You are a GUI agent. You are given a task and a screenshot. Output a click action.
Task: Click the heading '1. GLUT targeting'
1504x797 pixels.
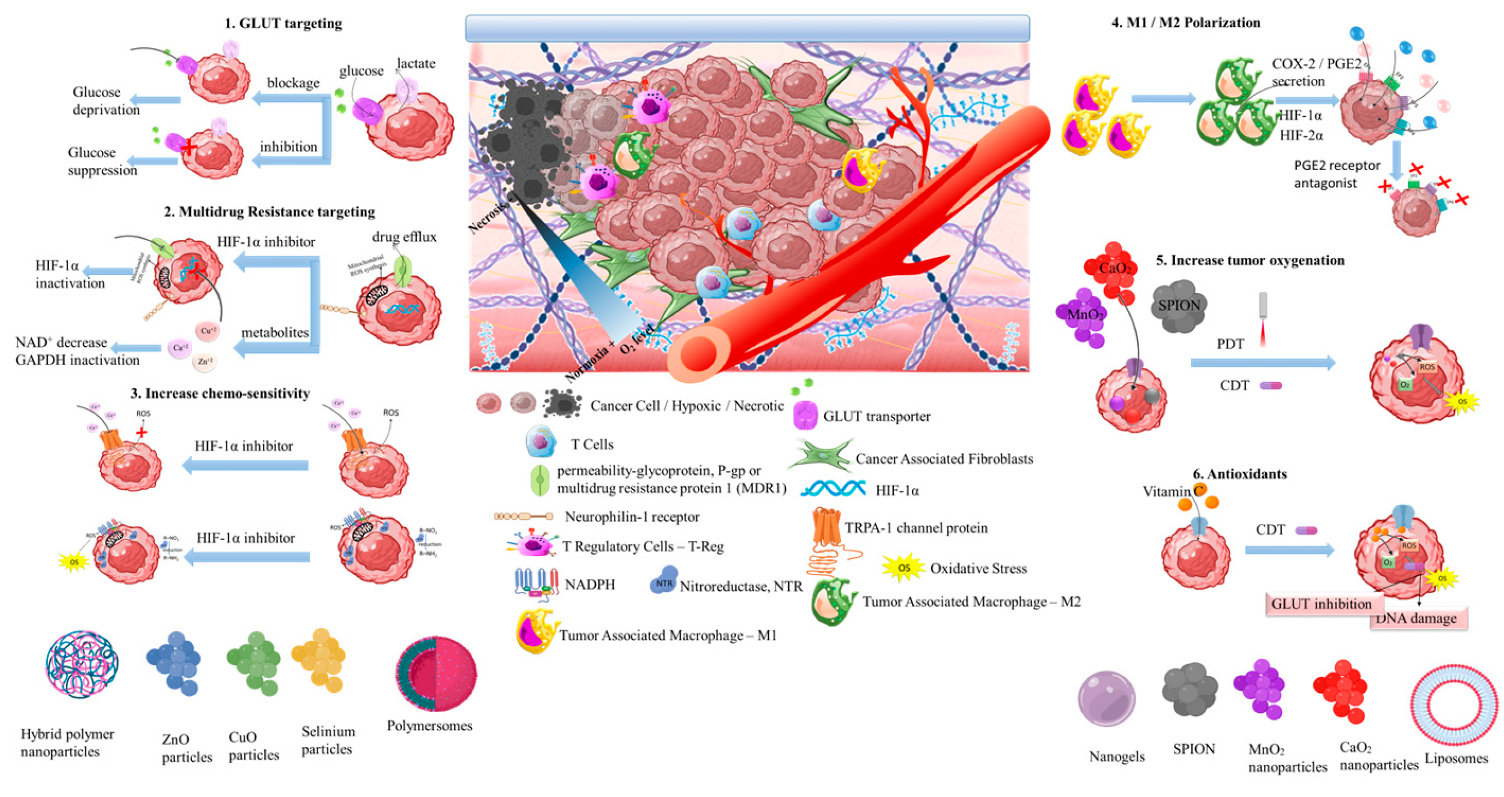coord(283,23)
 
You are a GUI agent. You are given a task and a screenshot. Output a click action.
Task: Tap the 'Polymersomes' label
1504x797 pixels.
coord(429,726)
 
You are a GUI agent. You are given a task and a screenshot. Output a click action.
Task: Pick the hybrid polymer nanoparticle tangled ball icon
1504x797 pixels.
coord(82,665)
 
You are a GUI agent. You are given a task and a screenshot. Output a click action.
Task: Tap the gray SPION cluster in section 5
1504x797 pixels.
coord(1180,305)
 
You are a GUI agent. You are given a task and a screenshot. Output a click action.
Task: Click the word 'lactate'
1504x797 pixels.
coord(416,63)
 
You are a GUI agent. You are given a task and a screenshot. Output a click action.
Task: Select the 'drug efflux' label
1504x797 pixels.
coord(404,237)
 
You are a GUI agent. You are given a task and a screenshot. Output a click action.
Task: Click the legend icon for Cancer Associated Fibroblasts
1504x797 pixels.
coord(820,457)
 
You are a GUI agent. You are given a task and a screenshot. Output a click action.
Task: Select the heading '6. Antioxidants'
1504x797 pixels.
coord(1239,474)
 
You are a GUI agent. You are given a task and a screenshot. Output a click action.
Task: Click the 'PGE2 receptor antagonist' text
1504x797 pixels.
coord(1337,174)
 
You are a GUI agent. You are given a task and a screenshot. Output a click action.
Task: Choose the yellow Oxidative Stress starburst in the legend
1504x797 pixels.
coord(903,568)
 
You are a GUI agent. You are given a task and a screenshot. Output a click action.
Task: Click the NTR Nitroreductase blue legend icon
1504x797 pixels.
coord(664,581)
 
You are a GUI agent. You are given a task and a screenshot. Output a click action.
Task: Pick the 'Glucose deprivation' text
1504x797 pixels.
coord(106,100)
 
